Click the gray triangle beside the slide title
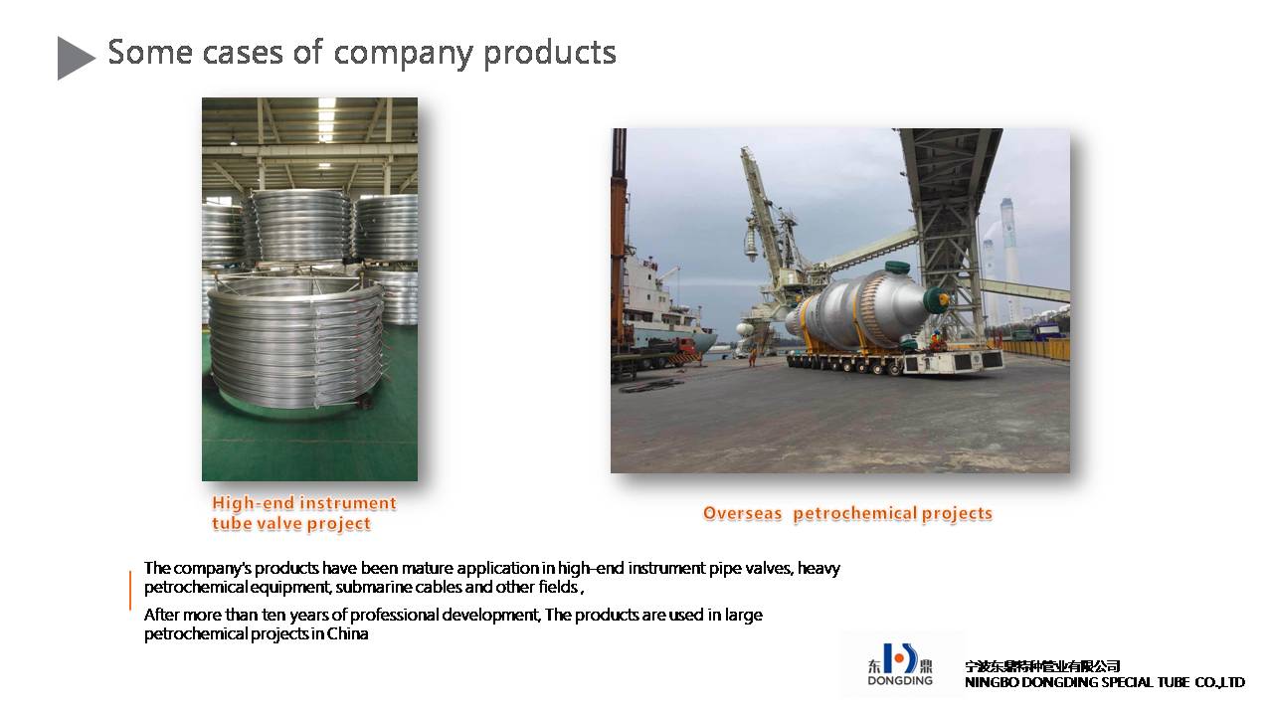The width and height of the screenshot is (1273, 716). (74, 58)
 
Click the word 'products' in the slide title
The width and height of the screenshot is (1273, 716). (550, 54)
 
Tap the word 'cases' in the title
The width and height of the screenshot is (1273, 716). (243, 53)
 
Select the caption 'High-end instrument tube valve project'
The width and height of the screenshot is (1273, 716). (304, 513)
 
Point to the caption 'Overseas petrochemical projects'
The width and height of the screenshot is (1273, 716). (847, 513)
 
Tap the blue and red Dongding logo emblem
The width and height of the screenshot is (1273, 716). (900, 658)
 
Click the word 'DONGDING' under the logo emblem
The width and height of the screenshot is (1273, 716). (900, 681)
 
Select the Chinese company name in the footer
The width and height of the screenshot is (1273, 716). (1042, 666)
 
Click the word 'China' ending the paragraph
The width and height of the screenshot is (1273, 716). (347, 633)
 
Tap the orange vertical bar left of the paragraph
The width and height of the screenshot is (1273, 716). (130, 590)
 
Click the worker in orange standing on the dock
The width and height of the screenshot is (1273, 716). (753, 356)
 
